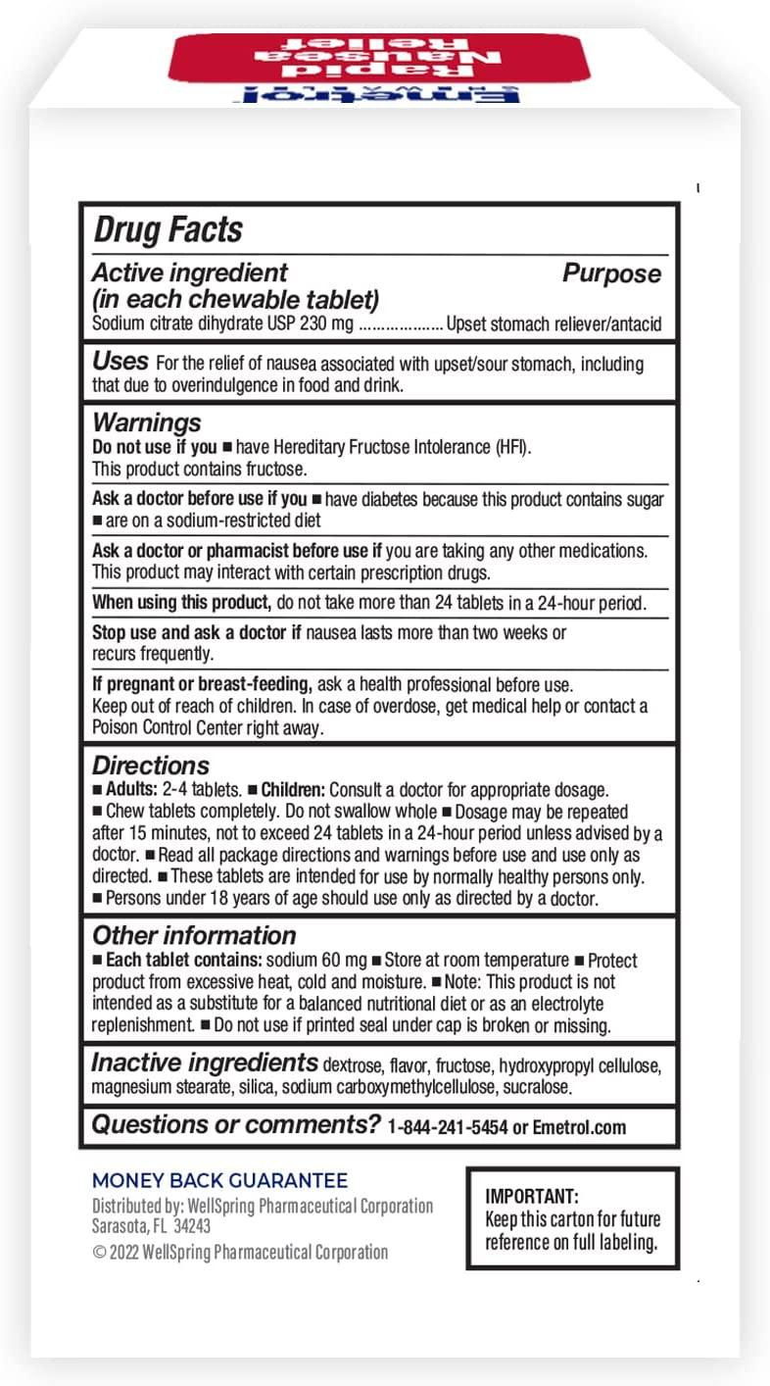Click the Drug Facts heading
[x=168, y=231]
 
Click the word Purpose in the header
[x=611, y=274]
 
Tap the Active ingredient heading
[x=190, y=273]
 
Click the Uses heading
[x=120, y=362]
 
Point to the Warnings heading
[x=147, y=422]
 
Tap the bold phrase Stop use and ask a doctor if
[x=196, y=633]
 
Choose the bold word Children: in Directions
[x=293, y=790]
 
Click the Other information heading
[x=194, y=935]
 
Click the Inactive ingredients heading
[x=205, y=1063]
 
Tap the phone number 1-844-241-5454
[x=448, y=1127]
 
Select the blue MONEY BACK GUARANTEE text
[x=220, y=1181]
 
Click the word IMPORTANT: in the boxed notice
[x=533, y=1196]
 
